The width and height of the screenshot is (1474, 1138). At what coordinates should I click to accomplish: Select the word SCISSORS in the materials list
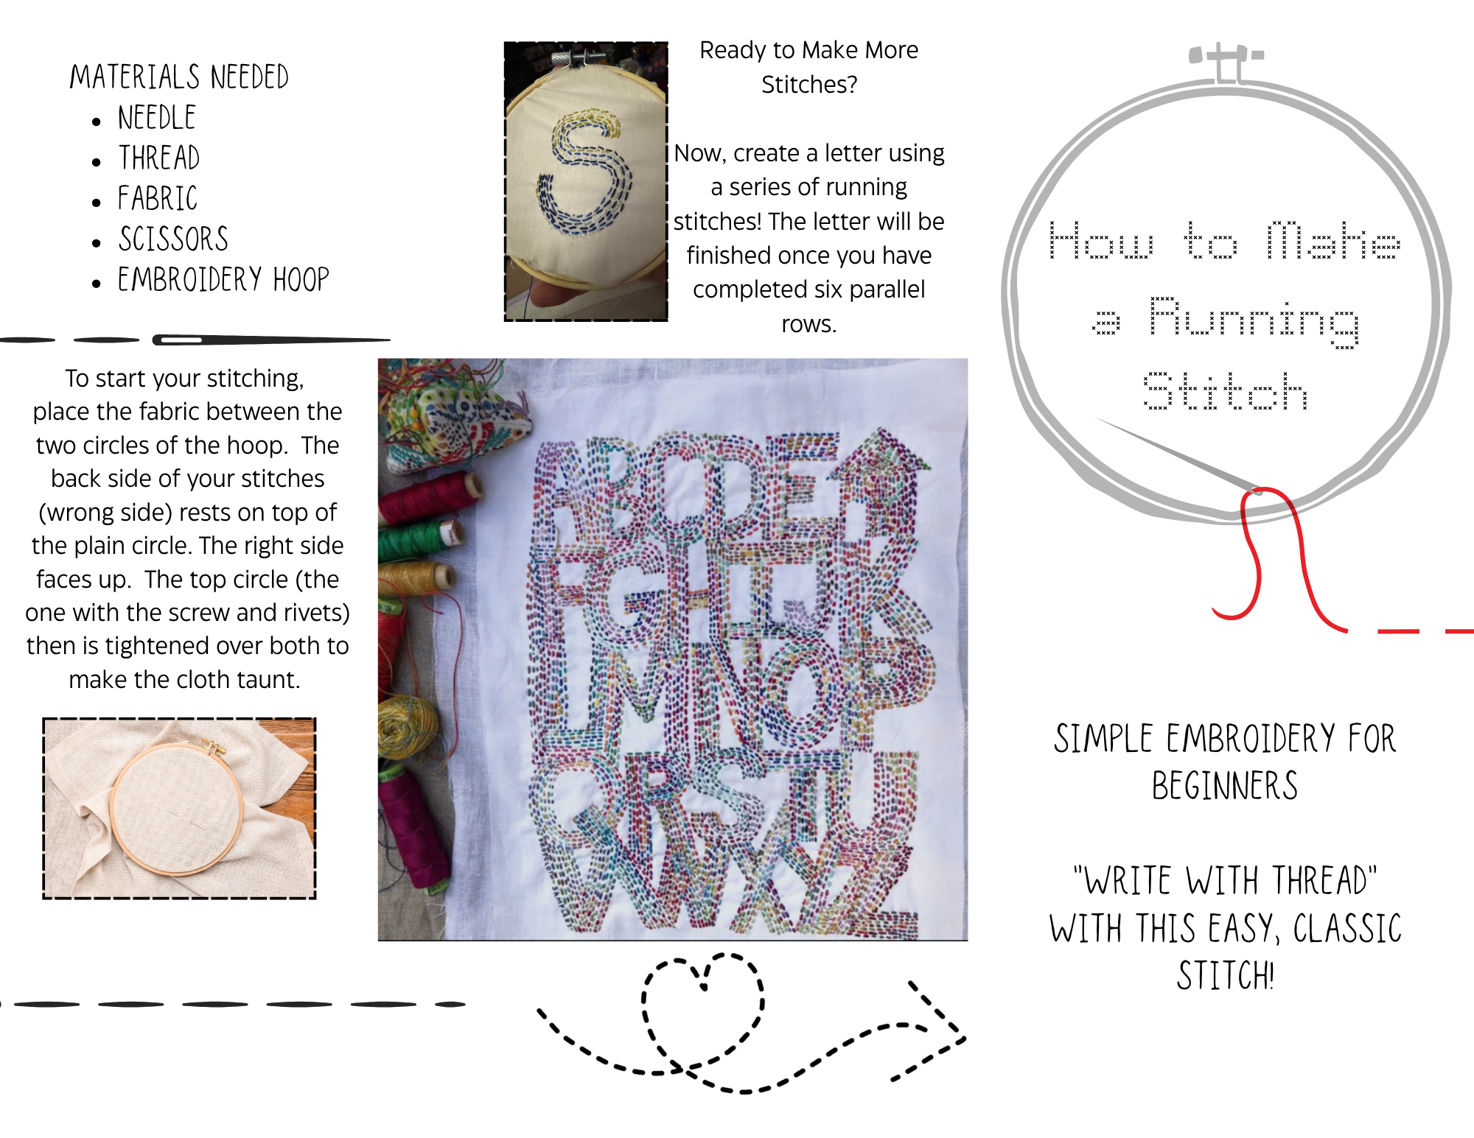point(173,239)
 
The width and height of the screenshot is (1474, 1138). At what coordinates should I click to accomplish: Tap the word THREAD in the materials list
point(159,158)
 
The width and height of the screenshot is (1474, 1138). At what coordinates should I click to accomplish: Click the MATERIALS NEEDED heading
point(179,77)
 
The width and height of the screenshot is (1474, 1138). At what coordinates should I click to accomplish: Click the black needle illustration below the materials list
point(270,340)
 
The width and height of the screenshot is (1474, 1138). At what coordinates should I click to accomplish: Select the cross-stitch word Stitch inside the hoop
point(1225,390)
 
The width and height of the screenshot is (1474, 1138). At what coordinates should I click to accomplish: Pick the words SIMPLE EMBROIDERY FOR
point(1225,739)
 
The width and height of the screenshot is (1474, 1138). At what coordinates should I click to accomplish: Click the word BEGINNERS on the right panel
point(1225,786)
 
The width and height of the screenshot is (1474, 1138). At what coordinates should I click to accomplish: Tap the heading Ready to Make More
point(808,50)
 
